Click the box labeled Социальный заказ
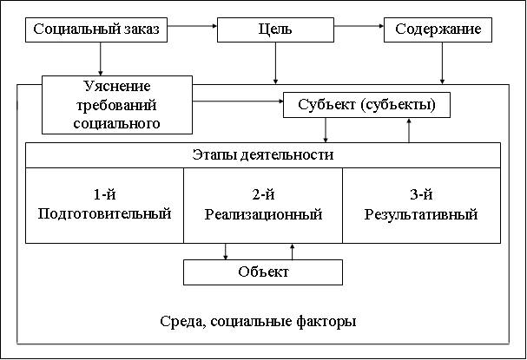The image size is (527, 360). [x=96, y=29]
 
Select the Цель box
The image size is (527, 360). [x=275, y=29]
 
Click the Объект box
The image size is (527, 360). [x=263, y=272]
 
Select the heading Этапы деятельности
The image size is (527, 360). [x=262, y=155]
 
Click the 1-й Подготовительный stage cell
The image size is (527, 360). [x=105, y=206]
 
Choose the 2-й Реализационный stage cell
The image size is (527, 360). [x=263, y=206]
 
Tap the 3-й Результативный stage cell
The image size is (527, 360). [x=421, y=206]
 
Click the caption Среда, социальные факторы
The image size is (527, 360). [x=258, y=321]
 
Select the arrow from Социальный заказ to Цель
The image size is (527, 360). [x=192, y=29]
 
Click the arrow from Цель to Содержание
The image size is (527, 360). [x=359, y=29]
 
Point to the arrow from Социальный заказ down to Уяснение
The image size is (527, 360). [x=101, y=59]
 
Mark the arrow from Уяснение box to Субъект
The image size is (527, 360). [x=238, y=104]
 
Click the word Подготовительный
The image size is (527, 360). [x=105, y=214]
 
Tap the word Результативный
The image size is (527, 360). [x=421, y=214]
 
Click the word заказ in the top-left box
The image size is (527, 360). [x=140, y=29]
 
